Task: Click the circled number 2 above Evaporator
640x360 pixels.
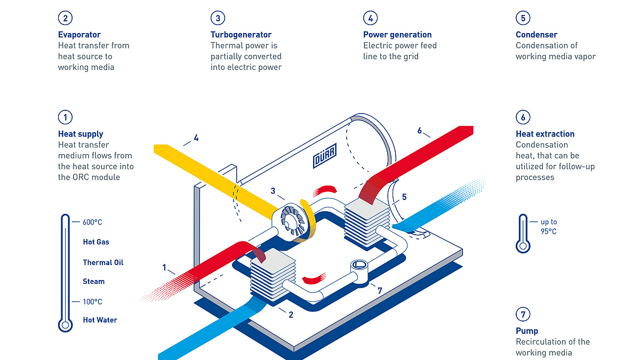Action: [x=65, y=18]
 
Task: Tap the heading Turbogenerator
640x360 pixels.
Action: [x=241, y=35]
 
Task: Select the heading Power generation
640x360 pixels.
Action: [x=397, y=35]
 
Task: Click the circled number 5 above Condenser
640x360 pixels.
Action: [x=523, y=18]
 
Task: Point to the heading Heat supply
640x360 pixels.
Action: [x=81, y=134]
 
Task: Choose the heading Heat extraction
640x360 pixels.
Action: [x=545, y=134]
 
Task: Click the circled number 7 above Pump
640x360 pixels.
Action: [x=523, y=314]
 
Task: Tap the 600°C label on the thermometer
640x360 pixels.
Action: [x=92, y=222]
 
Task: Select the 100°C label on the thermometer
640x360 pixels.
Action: [x=92, y=302]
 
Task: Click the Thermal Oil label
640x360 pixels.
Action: [x=103, y=262]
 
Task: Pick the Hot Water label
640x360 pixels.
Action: [x=100, y=320]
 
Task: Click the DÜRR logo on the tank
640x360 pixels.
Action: [x=325, y=156]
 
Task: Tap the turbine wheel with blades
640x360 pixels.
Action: [x=292, y=221]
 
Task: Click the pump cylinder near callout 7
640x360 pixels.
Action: [x=359, y=271]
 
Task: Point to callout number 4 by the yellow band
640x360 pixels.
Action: [x=196, y=138]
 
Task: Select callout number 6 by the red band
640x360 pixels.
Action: [x=419, y=131]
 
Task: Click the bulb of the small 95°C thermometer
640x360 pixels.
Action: [x=523, y=246]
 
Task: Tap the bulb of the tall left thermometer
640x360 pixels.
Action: [x=65, y=325]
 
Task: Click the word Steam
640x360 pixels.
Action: [x=93, y=282]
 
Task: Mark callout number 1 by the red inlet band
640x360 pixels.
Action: [x=164, y=267]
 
